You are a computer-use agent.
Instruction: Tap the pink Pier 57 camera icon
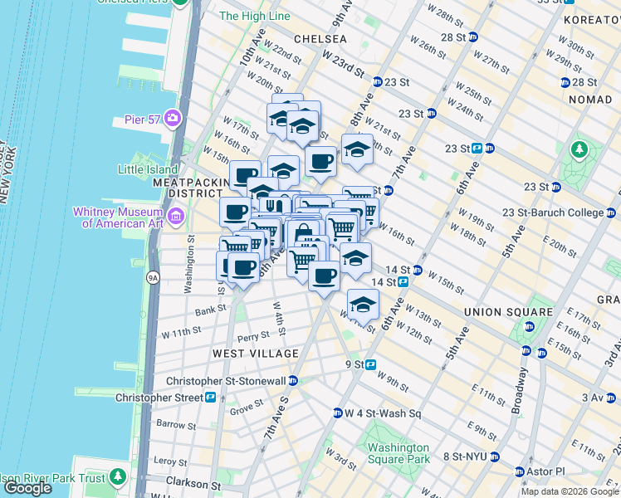point(174,117)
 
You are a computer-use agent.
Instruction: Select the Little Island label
point(147,169)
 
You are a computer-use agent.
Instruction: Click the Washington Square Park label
point(399,453)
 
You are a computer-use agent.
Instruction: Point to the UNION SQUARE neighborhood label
point(508,312)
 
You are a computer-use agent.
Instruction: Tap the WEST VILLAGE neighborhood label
point(255,354)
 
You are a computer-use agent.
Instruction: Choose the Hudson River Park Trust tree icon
point(119,476)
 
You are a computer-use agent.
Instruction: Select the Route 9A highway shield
point(153,277)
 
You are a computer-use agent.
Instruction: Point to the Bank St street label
point(210,312)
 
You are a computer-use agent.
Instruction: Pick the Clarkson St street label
point(193,485)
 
